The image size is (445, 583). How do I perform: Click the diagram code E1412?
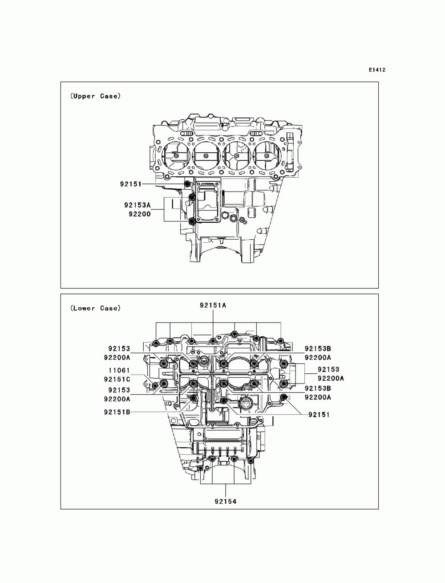pos(377,70)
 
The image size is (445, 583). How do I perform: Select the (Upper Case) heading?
pos(95,96)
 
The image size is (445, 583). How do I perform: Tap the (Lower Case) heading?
pos(95,308)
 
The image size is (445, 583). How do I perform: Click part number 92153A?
pos(137,205)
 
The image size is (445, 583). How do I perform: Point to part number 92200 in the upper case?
pos(140,214)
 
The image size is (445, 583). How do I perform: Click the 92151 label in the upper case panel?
pos(130,184)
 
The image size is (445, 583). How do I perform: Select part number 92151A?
pos(213,306)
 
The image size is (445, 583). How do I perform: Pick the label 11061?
pos(119,370)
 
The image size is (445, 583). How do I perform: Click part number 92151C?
pos(117,379)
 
